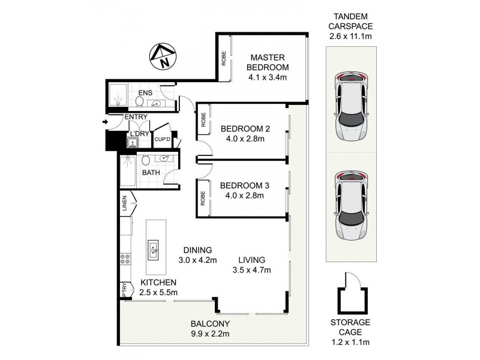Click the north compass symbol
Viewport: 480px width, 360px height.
[161, 58]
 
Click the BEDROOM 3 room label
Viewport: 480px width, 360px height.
[245, 185]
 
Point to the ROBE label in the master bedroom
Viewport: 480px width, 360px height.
[223, 66]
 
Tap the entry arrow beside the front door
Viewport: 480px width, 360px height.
[106, 122]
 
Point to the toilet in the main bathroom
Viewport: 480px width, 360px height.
[145, 160]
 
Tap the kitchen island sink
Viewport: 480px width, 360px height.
[153, 248]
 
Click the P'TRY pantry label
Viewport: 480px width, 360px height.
[125, 290]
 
